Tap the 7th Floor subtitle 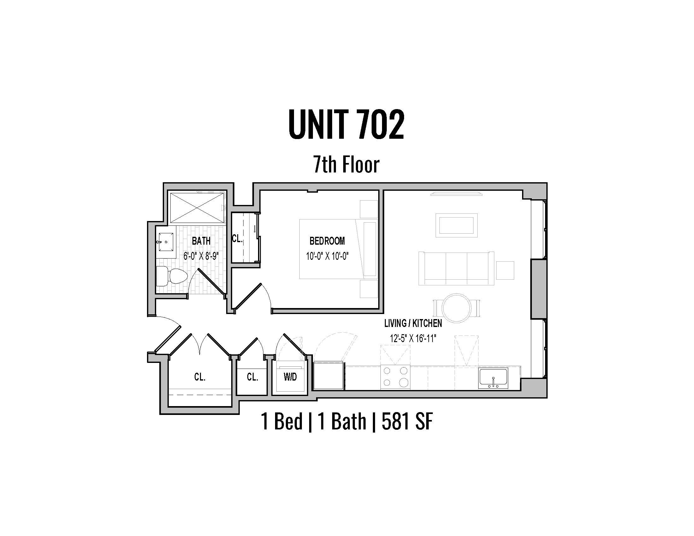pyautogui.click(x=346, y=165)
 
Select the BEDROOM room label pyautogui.click(x=327, y=241)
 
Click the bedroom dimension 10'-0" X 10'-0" pyautogui.click(x=327, y=256)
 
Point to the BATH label pyautogui.click(x=201, y=241)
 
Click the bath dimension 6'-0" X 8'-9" pyautogui.click(x=201, y=256)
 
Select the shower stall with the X pyautogui.click(x=197, y=207)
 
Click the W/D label pyautogui.click(x=290, y=377)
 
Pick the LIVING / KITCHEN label pyautogui.click(x=413, y=323)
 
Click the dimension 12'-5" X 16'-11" pyautogui.click(x=413, y=339)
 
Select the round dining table pyautogui.click(x=457, y=308)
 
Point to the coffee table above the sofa pyautogui.click(x=456, y=225)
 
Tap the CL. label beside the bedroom pyautogui.click(x=237, y=238)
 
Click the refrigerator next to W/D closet pyautogui.click(x=329, y=375)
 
